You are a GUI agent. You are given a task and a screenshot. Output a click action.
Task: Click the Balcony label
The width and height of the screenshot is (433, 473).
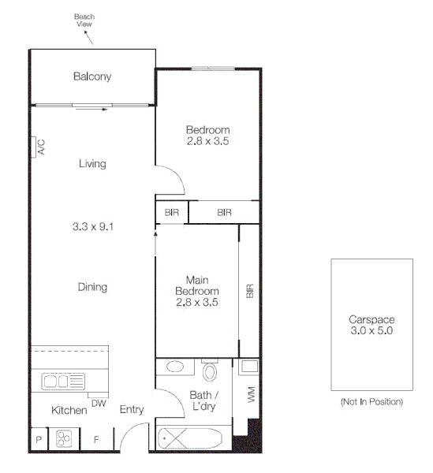(x=92, y=76)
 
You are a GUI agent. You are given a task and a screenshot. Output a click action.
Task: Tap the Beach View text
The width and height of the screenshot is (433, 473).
(x=84, y=20)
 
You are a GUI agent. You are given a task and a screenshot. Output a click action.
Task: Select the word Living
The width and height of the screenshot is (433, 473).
(x=92, y=164)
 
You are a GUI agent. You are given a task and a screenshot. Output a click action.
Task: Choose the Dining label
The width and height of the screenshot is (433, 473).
(x=92, y=287)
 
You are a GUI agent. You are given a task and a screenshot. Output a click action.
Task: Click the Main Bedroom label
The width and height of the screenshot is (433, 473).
(x=196, y=290)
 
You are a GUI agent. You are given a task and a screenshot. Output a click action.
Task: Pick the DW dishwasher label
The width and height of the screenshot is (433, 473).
(x=99, y=403)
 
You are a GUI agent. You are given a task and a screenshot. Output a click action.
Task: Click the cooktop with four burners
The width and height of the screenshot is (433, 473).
(x=63, y=438)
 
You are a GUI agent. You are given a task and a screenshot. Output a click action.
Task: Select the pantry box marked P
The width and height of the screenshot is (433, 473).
(x=38, y=439)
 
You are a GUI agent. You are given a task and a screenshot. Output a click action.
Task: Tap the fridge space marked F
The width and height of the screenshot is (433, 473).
(x=96, y=439)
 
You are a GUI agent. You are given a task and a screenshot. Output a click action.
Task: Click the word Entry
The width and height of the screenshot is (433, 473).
(x=132, y=410)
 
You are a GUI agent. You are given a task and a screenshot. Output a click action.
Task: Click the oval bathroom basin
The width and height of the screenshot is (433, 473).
(x=177, y=367)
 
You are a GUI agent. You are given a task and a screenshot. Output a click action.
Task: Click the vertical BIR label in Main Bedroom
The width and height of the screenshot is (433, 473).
(x=249, y=291)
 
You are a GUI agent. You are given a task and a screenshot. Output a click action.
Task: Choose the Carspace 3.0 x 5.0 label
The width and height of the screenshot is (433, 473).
(x=371, y=326)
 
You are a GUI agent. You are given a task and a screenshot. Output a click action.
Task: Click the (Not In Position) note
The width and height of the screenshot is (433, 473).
(x=371, y=402)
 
